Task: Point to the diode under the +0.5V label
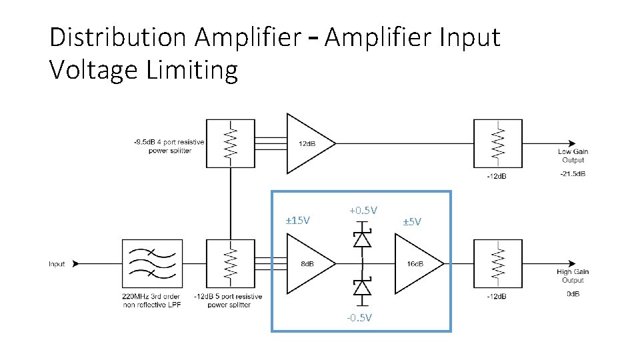pos(362,237)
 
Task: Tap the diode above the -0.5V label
pos(362,288)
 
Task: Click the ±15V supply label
pos(297,221)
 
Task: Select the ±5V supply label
pos(412,221)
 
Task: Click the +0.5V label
pos(363,210)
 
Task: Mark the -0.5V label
pos(359,317)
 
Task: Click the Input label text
pos(57,264)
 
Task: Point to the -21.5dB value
pos(573,173)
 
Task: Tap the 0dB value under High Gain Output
pos(573,294)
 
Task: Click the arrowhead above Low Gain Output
pos(572,144)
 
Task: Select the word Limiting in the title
pos(192,70)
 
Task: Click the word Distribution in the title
pos(118,37)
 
